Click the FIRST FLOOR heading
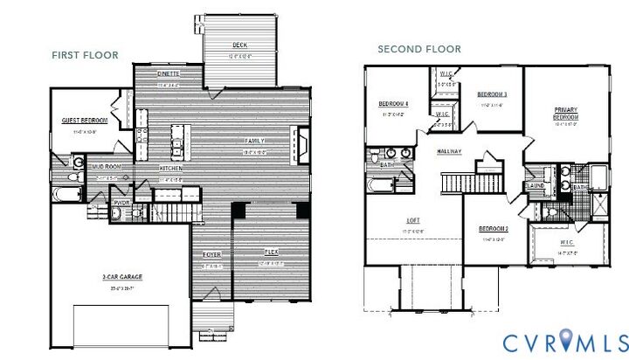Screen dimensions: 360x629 [x=85, y=55]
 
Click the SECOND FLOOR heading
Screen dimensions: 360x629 [x=419, y=49]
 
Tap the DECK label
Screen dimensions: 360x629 [x=239, y=45]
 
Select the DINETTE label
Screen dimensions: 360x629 [x=169, y=74]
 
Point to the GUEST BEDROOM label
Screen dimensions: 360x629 [x=84, y=121]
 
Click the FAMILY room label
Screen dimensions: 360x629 [x=254, y=141]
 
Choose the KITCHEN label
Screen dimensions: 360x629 [x=170, y=168]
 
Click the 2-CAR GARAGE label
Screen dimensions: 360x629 [x=122, y=277]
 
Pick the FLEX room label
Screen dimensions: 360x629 [x=271, y=253]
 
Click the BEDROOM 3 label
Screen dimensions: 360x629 [x=493, y=94]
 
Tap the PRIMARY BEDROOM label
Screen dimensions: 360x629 [x=566, y=113]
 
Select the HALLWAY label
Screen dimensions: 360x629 [x=449, y=152]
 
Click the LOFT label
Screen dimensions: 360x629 [x=414, y=220]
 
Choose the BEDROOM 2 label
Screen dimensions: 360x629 [x=494, y=229]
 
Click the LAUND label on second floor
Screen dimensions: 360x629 [x=536, y=185]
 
